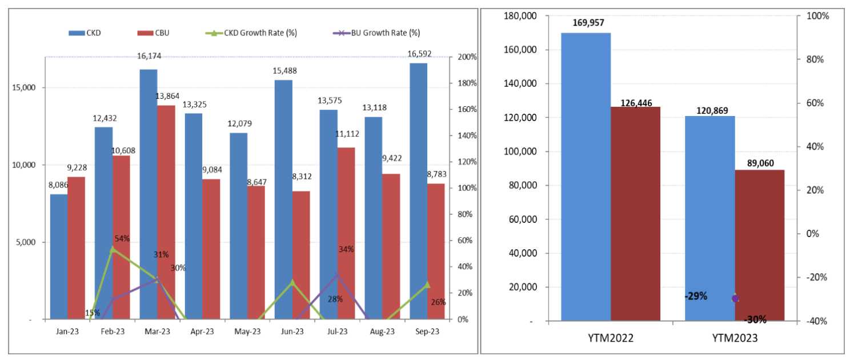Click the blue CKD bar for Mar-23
[x=149, y=194]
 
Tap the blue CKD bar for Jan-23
[x=59, y=257]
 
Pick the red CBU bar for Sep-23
[x=436, y=251]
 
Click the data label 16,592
[x=419, y=54]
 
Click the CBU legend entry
[x=162, y=33]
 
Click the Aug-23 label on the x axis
[x=382, y=331]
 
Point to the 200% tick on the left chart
[x=468, y=57]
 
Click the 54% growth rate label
[x=122, y=238]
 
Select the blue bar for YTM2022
[x=586, y=177]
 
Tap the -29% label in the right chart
[x=695, y=296]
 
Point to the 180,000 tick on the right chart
[x=523, y=16]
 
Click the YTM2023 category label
[x=735, y=338]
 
